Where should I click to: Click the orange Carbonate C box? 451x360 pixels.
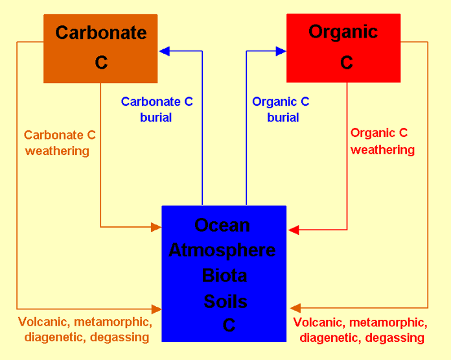coord(100,49)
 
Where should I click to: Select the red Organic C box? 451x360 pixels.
coord(343,49)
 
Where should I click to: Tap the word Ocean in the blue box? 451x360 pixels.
coord(222,226)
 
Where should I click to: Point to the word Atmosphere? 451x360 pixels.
coord(222,250)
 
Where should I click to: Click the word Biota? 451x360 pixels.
coord(224,276)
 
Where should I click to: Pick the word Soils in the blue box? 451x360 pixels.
coord(225,301)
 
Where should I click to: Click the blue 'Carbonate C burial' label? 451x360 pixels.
coord(157,110)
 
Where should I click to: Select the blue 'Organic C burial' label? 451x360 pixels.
coord(281,110)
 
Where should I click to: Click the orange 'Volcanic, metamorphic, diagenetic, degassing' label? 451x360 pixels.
coord(86,330)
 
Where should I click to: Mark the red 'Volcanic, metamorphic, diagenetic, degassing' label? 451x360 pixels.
coord(361,330)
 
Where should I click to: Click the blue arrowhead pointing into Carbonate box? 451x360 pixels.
coord(165,51)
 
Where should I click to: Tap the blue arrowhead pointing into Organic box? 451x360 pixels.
coord(281,51)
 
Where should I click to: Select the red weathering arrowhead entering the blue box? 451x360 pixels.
coord(294,230)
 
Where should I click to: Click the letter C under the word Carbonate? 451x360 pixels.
coord(101,63)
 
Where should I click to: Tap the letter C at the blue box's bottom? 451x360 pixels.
coord(229,326)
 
